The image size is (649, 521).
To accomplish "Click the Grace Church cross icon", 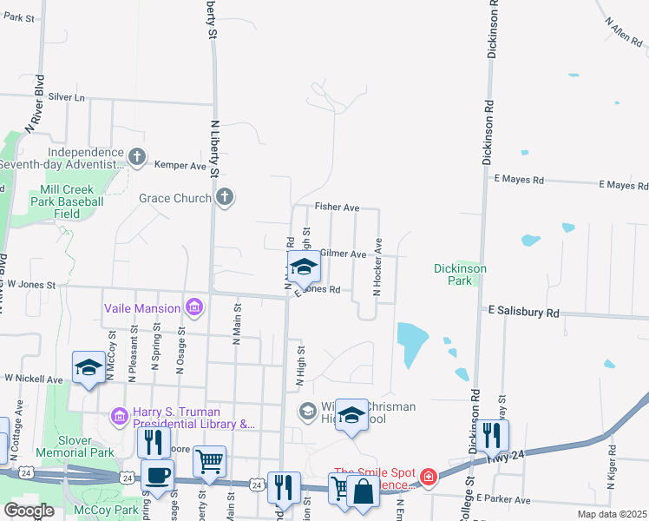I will [x=225, y=197].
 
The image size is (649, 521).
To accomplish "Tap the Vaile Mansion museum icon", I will [x=193, y=307].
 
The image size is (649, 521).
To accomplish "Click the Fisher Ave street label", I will [x=337, y=208].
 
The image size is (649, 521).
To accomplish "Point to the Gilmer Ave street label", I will [x=343, y=254].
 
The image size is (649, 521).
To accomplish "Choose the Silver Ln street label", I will [x=68, y=97].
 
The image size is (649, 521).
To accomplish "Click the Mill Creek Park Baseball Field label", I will [x=72, y=201].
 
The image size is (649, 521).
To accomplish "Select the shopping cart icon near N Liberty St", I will [x=209, y=463].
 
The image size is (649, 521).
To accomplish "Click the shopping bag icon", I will [x=363, y=492].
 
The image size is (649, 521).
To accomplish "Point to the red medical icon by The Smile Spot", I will [x=428, y=478].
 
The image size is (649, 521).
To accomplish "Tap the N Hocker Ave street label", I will [x=377, y=268].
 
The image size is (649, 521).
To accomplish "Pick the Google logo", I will [x=29, y=511].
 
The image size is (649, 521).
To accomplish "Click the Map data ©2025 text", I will [x=611, y=514].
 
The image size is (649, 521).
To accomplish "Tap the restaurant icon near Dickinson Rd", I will [x=492, y=437].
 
